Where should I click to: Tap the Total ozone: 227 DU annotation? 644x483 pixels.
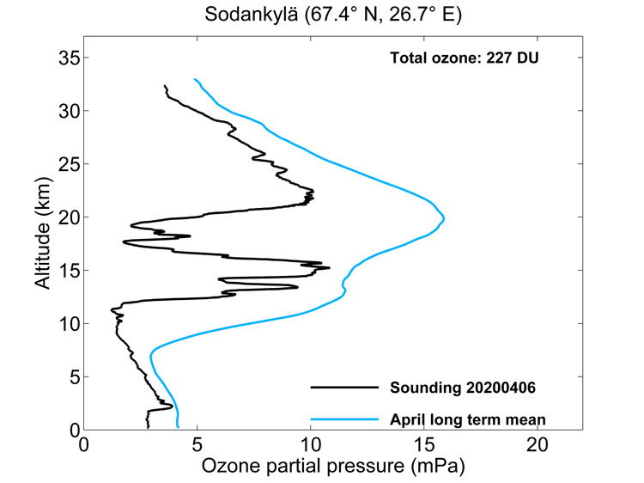[x=465, y=58]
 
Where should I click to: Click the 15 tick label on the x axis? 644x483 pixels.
[x=423, y=445]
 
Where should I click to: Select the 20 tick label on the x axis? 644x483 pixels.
[x=537, y=445]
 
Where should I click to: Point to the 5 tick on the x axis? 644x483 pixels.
[x=197, y=445]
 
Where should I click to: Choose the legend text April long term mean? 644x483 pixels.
[x=468, y=419]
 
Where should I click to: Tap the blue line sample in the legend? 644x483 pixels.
[x=343, y=419]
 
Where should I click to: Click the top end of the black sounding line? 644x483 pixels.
[x=164, y=85]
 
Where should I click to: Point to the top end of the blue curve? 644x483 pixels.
[x=195, y=79]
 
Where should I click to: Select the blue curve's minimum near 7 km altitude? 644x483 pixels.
[x=151, y=353]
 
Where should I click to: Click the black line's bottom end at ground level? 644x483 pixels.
[x=148, y=427]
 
